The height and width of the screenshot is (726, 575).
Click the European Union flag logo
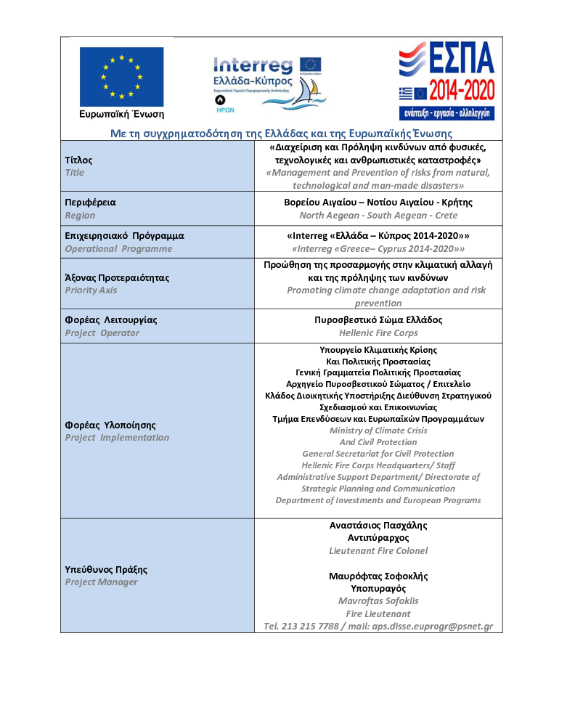(121, 76)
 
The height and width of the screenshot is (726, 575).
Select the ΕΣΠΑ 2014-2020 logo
(446, 80)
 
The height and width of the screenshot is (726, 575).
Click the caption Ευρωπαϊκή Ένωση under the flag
(121, 114)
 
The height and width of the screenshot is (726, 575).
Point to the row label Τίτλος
(78, 160)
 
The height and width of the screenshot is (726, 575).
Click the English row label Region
(80, 216)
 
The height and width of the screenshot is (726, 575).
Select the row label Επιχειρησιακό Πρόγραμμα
(124, 236)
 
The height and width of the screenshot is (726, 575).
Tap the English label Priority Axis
(91, 290)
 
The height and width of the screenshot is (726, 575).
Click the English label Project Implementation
(117, 438)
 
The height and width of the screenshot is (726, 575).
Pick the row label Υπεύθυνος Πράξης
(106, 569)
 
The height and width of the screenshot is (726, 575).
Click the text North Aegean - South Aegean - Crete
(378, 216)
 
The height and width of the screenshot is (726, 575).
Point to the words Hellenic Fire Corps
(378, 333)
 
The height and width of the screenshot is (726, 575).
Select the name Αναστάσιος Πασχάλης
(378, 525)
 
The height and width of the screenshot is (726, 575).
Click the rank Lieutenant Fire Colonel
(378, 551)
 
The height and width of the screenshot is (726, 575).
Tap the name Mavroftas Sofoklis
(378, 601)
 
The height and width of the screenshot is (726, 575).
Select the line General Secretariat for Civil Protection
(378, 454)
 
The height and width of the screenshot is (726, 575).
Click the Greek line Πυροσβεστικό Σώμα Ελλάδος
(378, 320)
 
